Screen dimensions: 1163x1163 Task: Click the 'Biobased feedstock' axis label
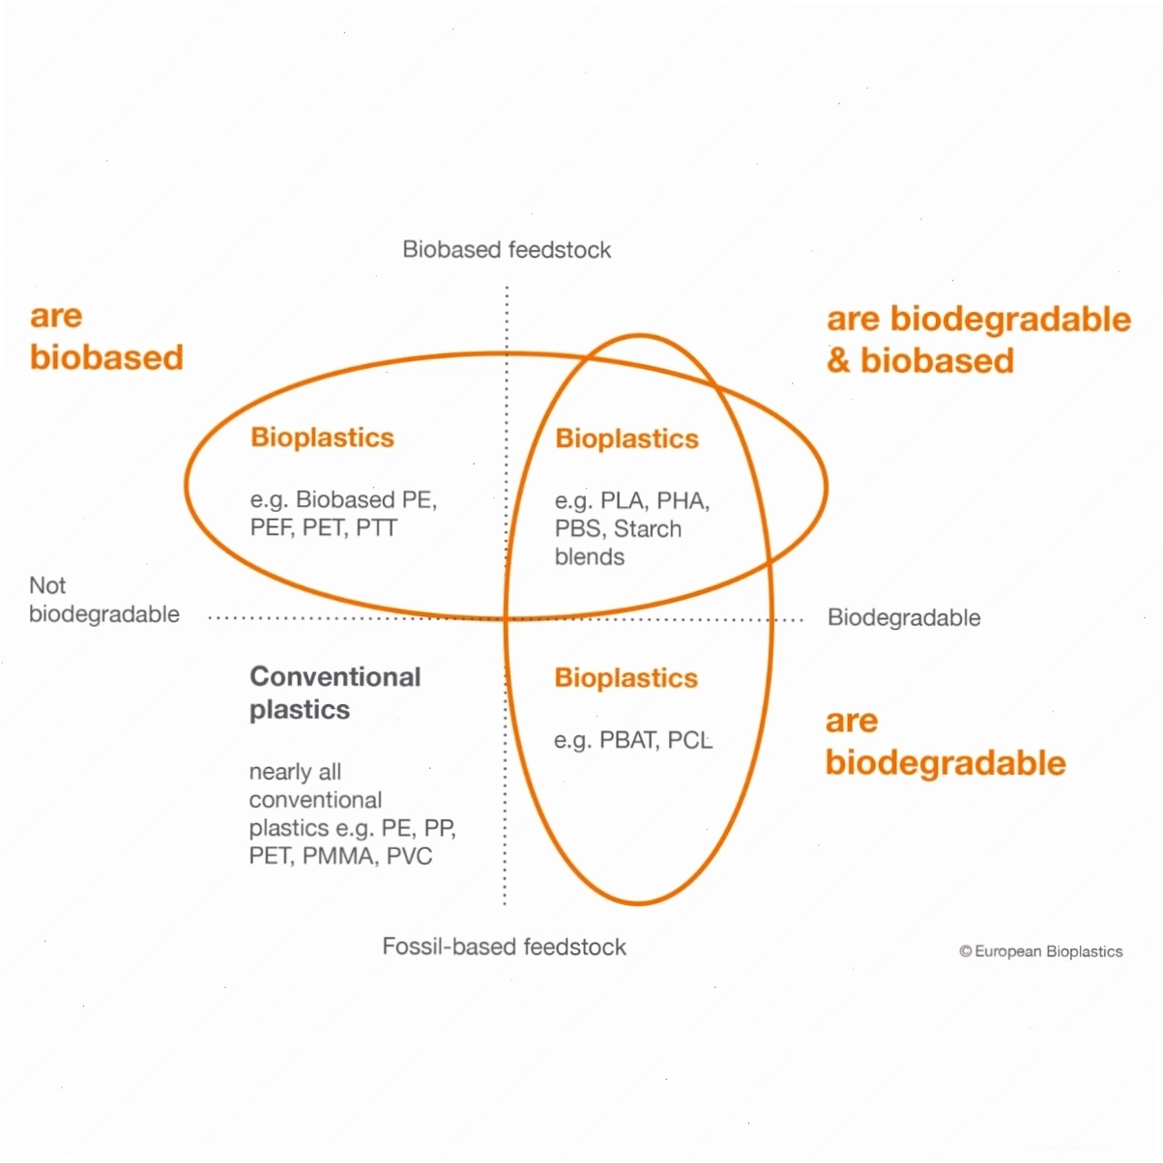tap(507, 249)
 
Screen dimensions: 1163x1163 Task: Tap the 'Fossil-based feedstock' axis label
tap(505, 947)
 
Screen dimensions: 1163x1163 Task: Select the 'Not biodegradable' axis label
tap(104, 599)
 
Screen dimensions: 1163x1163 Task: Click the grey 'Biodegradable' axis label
tap(904, 617)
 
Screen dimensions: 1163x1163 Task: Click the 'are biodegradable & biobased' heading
tap(978, 339)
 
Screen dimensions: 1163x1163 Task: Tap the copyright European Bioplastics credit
tap(1041, 951)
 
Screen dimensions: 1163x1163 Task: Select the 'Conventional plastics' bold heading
tap(335, 693)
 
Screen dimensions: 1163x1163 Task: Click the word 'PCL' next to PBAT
tap(690, 740)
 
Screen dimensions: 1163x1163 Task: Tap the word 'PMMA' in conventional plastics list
tap(340, 856)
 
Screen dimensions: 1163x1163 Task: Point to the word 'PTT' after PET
tap(376, 527)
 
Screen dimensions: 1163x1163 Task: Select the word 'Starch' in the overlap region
tap(648, 528)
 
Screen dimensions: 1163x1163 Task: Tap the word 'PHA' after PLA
tap(683, 500)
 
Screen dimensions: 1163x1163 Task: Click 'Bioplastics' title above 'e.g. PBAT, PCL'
tap(625, 678)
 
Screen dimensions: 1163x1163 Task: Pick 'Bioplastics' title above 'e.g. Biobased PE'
tap(322, 438)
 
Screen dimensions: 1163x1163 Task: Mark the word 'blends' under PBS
tap(589, 556)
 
